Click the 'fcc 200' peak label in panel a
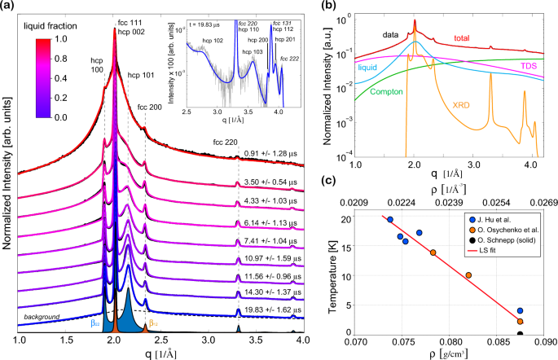pyautogui.click(x=149, y=106)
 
